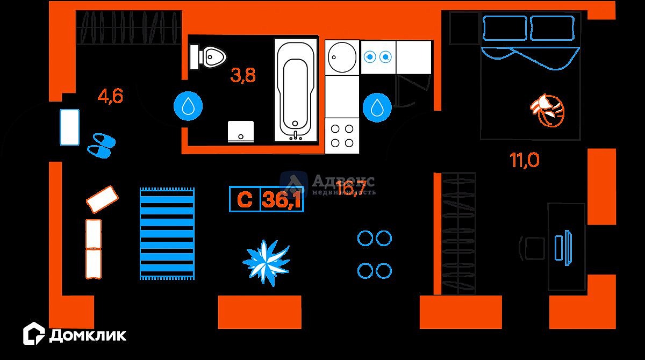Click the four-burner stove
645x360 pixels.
[x=341, y=135]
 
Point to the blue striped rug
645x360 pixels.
[x=167, y=233]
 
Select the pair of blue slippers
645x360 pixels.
[x=101, y=145]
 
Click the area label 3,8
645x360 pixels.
[x=243, y=75]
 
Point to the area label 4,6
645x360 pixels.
[x=110, y=96]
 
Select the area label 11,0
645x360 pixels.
[x=525, y=160]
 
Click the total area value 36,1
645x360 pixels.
[x=282, y=200]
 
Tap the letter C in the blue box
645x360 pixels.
[x=245, y=200]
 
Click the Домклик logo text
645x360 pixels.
[x=88, y=335]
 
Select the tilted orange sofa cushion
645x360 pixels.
[x=102, y=199]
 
